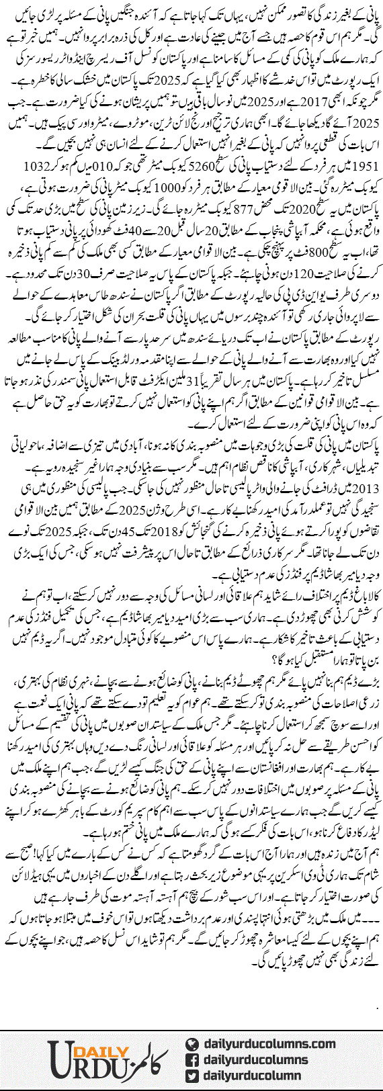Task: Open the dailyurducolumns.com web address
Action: [x=269, y=1043]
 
